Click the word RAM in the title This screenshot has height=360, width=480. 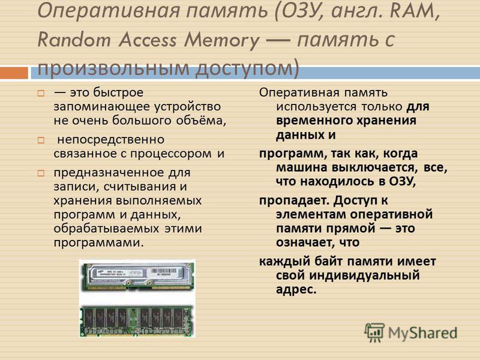(412, 10)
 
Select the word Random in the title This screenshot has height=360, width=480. (74, 40)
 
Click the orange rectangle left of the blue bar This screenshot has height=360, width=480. (14, 73)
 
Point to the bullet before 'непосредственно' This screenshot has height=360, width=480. (41, 140)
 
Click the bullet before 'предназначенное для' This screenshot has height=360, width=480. (41, 173)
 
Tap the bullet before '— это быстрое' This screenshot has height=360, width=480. (41, 93)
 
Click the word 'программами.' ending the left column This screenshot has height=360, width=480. (98, 244)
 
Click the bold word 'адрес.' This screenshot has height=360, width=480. (296, 290)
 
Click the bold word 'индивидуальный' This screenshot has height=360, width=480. (365, 275)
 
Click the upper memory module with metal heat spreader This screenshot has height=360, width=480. (137, 276)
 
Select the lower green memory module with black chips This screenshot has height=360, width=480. (137, 321)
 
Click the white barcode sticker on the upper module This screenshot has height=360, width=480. (164, 272)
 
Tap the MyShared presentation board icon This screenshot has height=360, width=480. (374, 332)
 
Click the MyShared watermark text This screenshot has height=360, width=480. (423, 334)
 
